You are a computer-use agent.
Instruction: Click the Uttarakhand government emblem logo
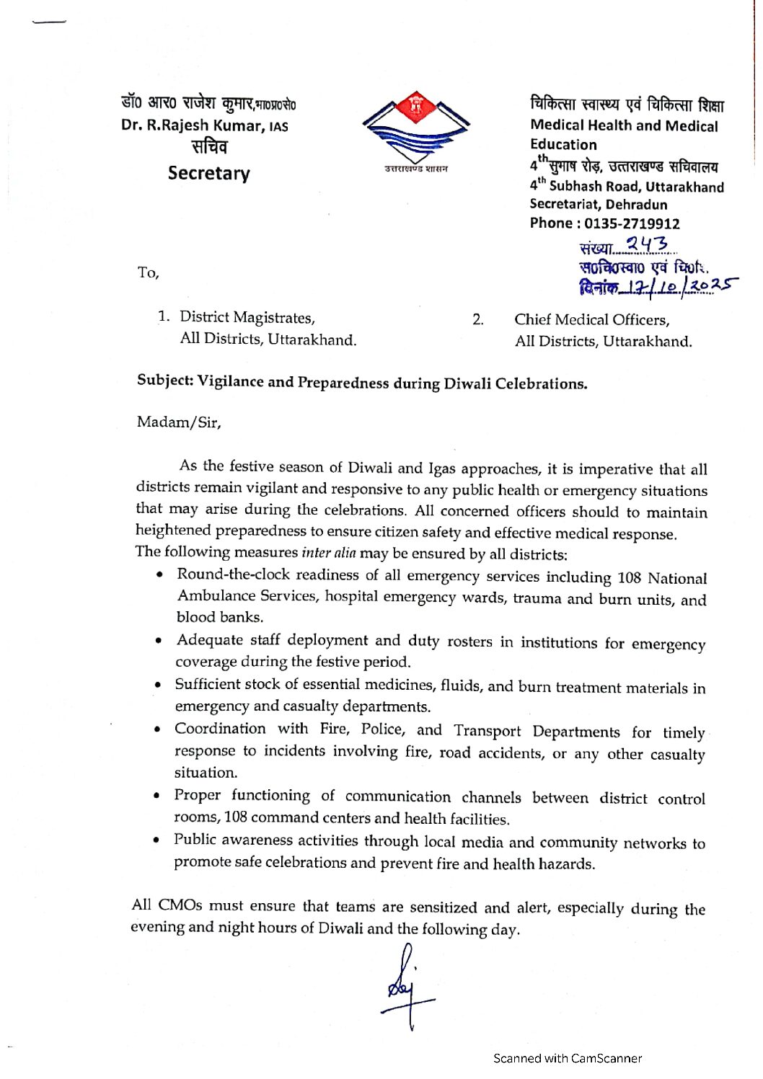pyautogui.click(x=416, y=130)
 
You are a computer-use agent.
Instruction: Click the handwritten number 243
pyautogui.click(x=647, y=245)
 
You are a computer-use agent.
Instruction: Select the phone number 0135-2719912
pyautogui.click(x=632, y=223)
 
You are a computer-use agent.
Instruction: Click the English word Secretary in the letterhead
pyautogui.click(x=208, y=174)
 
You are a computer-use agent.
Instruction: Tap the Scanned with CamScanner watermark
pyautogui.click(x=567, y=1058)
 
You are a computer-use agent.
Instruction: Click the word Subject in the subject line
pyautogui.click(x=164, y=380)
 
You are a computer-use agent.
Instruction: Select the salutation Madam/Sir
pyautogui.click(x=178, y=422)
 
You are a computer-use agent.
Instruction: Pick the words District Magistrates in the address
pyautogui.click(x=247, y=317)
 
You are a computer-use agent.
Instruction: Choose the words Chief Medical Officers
pyautogui.click(x=591, y=320)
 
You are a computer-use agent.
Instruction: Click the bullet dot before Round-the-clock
pyautogui.click(x=159, y=575)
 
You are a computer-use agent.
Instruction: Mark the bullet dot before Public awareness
pyautogui.click(x=156, y=840)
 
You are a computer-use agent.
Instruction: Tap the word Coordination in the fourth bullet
pyautogui.click(x=220, y=729)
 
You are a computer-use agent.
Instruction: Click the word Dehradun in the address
pyautogui.click(x=637, y=205)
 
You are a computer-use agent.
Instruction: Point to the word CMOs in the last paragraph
pyautogui.click(x=180, y=905)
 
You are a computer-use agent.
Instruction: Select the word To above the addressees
pyautogui.click(x=147, y=272)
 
